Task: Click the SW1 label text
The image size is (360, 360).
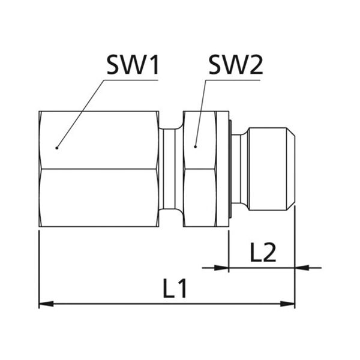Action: [x=133, y=65]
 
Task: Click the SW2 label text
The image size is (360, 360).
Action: [x=236, y=65]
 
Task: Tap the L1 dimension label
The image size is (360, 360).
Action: [x=175, y=288]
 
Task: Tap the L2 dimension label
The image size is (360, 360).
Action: [x=263, y=253]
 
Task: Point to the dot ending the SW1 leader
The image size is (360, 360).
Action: [x=57, y=148]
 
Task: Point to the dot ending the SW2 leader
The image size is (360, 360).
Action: [x=196, y=147]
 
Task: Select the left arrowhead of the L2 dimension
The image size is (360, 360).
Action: [x=221, y=268]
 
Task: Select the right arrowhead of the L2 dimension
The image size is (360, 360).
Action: [x=302, y=268]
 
